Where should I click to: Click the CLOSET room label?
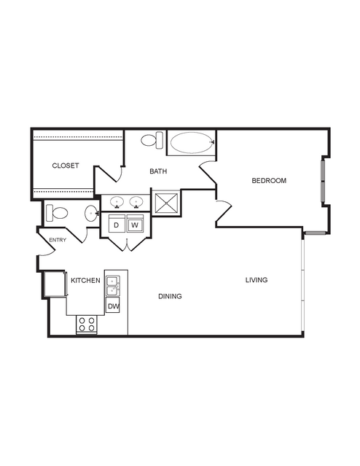click(x=66, y=166)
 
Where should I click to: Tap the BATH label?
click(x=158, y=171)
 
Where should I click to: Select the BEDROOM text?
click(x=269, y=180)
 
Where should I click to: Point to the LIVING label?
click(x=257, y=279)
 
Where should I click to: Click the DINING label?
click(x=170, y=296)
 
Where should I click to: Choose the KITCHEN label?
click(x=85, y=280)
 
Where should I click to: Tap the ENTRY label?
click(x=58, y=240)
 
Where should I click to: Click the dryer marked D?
click(x=117, y=225)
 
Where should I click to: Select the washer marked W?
click(x=135, y=225)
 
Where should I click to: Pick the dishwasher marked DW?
click(x=113, y=306)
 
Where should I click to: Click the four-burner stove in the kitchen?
click(x=87, y=325)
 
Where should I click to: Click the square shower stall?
click(x=165, y=203)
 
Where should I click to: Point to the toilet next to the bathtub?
click(x=152, y=140)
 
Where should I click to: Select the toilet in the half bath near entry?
click(x=57, y=213)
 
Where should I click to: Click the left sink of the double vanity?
click(x=117, y=202)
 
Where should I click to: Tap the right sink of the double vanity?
click(x=136, y=202)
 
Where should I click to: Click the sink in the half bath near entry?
click(x=91, y=213)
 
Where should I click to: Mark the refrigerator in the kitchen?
click(x=55, y=284)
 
